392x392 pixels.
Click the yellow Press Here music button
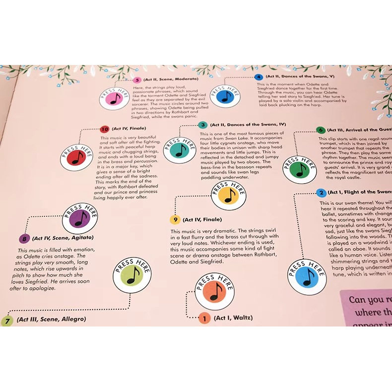(228, 196)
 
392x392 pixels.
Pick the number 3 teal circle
(202, 126)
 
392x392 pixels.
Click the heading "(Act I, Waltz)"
(233, 318)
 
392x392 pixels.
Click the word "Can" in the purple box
(359, 300)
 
